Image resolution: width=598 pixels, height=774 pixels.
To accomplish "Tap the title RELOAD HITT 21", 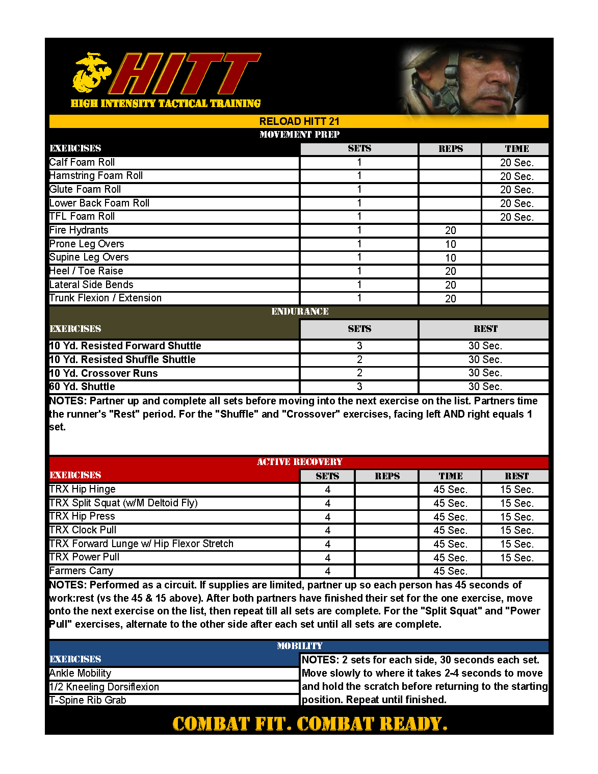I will pos(299,121).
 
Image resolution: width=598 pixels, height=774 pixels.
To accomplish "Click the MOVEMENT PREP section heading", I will pos(299,135).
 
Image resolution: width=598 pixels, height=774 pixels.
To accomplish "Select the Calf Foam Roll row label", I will pos(82,163).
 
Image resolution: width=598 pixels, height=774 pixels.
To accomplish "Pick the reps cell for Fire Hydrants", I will pos(450,230).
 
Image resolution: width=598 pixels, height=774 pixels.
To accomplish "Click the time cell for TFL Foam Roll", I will pos(516,217).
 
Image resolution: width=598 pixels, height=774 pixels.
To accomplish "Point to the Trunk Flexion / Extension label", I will pos(106,298).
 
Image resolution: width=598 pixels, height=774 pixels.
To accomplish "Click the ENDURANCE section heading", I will pos(299,312).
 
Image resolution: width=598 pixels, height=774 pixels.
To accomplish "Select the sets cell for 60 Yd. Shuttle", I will pos(359,386).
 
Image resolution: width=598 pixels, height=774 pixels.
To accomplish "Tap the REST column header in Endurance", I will pos(485,329).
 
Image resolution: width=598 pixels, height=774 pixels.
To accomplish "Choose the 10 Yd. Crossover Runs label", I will pos(103,373).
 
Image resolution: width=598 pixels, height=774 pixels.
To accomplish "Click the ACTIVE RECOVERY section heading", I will pos(299,462).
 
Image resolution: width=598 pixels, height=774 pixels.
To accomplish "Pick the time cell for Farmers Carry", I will pos(450,571).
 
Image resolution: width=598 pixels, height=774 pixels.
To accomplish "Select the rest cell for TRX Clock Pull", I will pos(516,530).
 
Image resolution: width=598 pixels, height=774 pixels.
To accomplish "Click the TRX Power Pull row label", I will pos(85,557).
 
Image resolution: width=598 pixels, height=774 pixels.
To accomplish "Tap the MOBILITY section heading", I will pos(299,646).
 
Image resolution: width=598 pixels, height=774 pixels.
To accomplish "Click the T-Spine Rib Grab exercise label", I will pos(88,700).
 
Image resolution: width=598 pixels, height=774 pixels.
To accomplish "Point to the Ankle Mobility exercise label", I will pos(80,673).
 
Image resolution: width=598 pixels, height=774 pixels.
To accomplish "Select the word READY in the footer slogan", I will pos(413,724).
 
